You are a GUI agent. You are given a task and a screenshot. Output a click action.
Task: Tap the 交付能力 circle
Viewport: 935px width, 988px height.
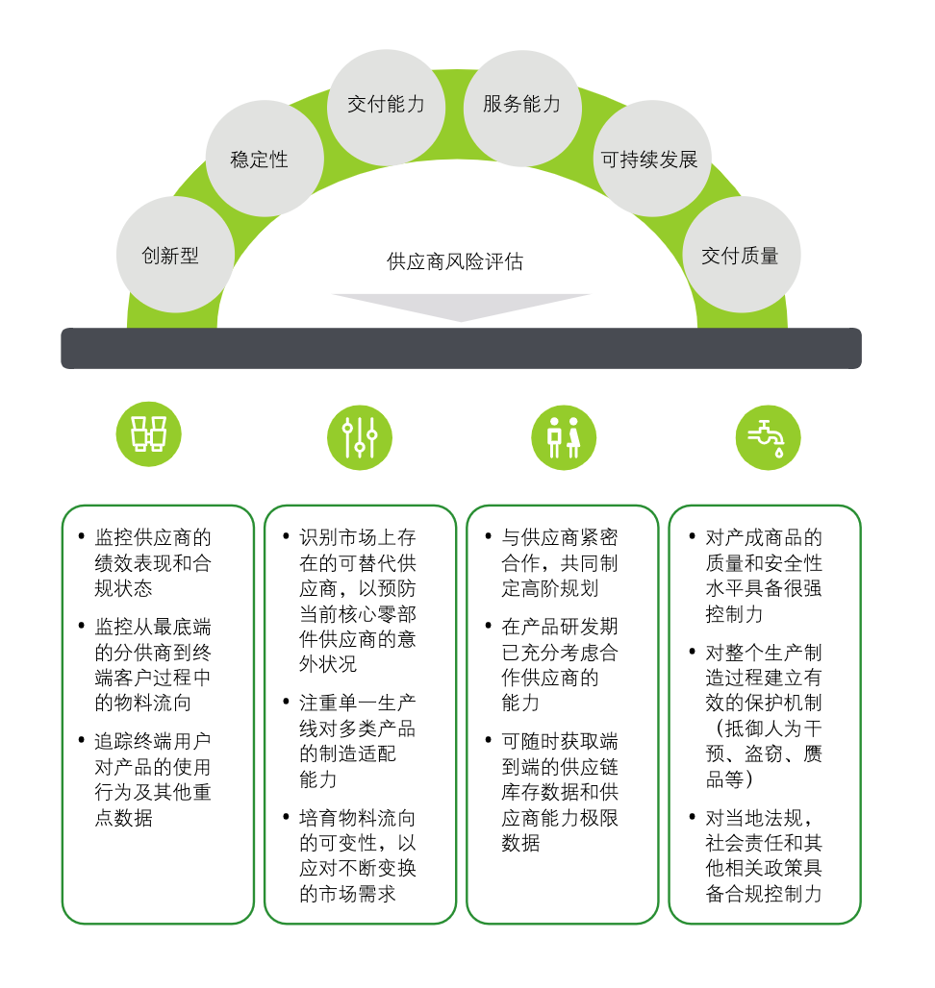click(x=386, y=105)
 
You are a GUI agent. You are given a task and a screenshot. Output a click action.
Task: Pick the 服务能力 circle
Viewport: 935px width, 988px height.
click(x=521, y=105)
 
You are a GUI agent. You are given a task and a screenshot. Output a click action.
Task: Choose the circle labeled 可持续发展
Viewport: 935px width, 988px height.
click(x=649, y=160)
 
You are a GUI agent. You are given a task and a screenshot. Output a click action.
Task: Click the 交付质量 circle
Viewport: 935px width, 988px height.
click(x=740, y=255)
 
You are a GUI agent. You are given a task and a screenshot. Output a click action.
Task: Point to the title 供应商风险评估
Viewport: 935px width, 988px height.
click(x=455, y=261)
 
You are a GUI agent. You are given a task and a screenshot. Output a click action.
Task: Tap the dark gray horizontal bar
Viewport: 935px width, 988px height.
click(x=461, y=348)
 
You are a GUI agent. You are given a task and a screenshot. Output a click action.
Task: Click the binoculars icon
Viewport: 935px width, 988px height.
click(x=148, y=435)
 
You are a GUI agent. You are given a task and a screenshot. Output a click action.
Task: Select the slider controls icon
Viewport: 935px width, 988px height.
click(x=359, y=436)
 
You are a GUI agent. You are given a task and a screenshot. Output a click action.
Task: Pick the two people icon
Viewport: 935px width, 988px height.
click(x=564, y=436)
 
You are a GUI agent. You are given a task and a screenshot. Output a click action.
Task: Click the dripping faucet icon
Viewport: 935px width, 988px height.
click(x=767, y=436)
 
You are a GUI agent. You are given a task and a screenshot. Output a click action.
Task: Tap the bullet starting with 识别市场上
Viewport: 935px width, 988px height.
click(x=357, y=600)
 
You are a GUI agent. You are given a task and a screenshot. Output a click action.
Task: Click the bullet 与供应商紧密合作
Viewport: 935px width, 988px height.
click(x=560, y=562)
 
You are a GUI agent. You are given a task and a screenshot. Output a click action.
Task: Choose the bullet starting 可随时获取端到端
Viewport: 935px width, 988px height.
click(x=560, y=792)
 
